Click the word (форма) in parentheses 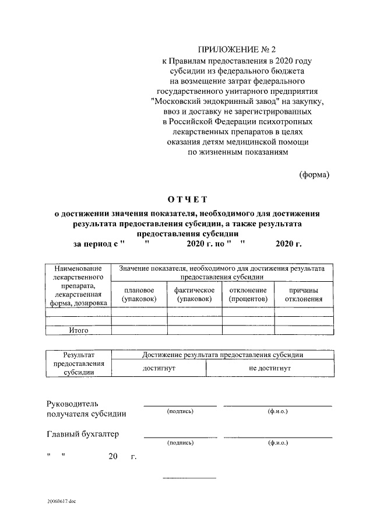(x=314, y=174)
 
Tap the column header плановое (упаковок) (x=139, y=295)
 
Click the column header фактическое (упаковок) (x=194, y=295)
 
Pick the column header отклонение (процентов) (x=248, y=295)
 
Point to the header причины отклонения (x=304, y=295)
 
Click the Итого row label (x=78, y=330)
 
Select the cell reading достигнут (x=159, y=369)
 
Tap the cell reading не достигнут (x=270, y=369)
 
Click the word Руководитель (x=72, y=404)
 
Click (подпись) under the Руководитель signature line (x=180, y=412)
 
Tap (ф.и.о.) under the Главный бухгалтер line (x=278, y=443)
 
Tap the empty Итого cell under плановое (x=139, y=330)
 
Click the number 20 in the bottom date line (x=112, y=456)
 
